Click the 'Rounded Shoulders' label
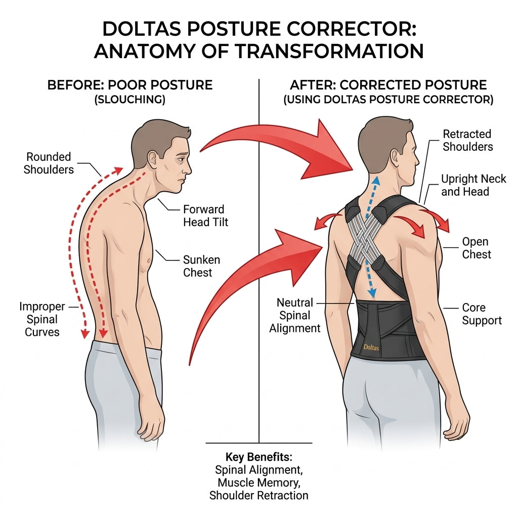click(49, 163)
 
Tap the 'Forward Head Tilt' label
click(205, 215)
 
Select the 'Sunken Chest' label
click(201, 266)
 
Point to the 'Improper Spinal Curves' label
click(42, 319)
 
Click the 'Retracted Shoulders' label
click(468, 141)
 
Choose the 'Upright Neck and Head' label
click(473, 185)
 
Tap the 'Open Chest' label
click(477, 248)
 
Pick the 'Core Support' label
click(482, 314)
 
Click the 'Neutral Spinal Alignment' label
click(295, 315)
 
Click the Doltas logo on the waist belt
click(371, 347)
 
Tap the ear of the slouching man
click(153, 159)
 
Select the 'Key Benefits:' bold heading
click(258, 457)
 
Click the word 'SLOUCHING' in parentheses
click(130, 100)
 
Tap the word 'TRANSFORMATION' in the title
click(329, 51)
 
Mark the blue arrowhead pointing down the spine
click(372, 292)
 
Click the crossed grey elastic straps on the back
click(365, 236)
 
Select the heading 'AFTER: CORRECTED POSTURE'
click(388, 85)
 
